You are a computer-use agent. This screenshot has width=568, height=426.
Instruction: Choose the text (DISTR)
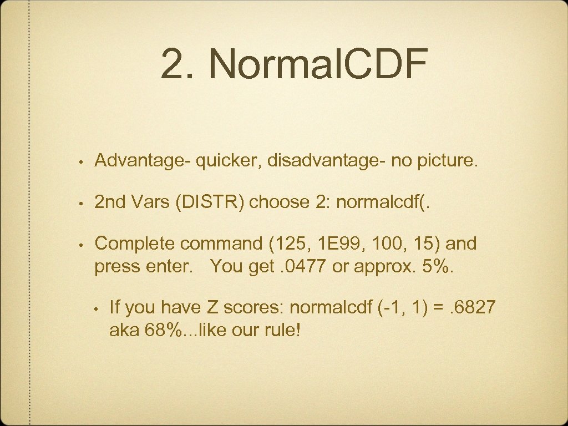(x=211, y=202)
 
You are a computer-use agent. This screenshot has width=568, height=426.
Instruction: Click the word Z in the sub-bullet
(x=213, y=307)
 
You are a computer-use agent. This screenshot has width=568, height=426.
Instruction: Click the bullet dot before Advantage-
(x=81, y=163)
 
